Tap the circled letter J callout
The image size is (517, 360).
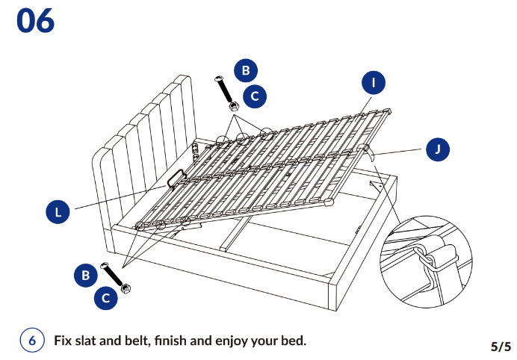point(438,149)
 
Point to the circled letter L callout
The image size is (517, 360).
point(58,213)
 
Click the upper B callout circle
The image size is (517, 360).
point(245,71)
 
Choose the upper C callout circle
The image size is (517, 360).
point(256,96)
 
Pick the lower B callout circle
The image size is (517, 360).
point(85,275)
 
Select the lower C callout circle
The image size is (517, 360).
point(105,298)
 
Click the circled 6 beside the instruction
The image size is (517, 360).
point(32,341)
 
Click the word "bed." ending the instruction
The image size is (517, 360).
point(292,341)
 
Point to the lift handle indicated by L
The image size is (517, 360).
point(176,178)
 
